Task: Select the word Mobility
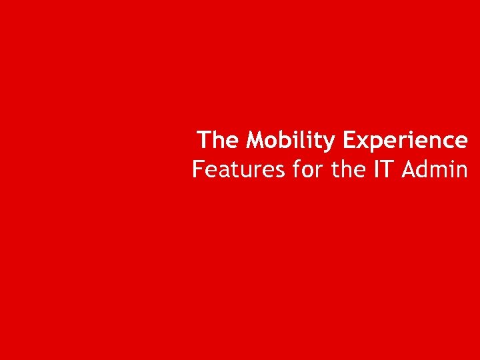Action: point(291,141)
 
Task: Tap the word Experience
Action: point(405,141)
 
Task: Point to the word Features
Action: point(239,170)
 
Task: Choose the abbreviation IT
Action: point(384,170)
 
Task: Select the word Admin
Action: point(435,170)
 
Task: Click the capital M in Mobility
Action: point(255,141)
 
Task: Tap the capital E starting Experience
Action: point(349,141)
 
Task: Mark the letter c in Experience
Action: point(447,143)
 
